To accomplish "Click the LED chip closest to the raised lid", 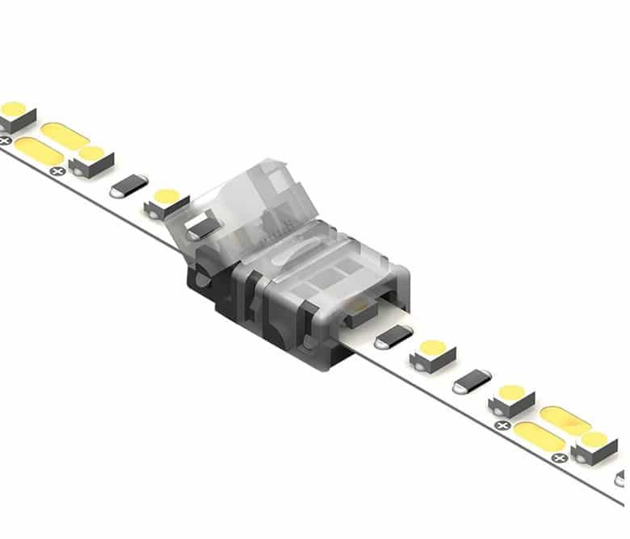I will point(166,203).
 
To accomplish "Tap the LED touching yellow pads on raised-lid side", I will point(90,160).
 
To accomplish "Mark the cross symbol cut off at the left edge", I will point(4,140).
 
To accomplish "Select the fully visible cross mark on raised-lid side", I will point(57,171).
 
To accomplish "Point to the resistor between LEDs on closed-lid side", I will point(472,378).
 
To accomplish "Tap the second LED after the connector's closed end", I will point(511,399).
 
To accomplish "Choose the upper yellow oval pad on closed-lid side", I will point(565,419).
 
